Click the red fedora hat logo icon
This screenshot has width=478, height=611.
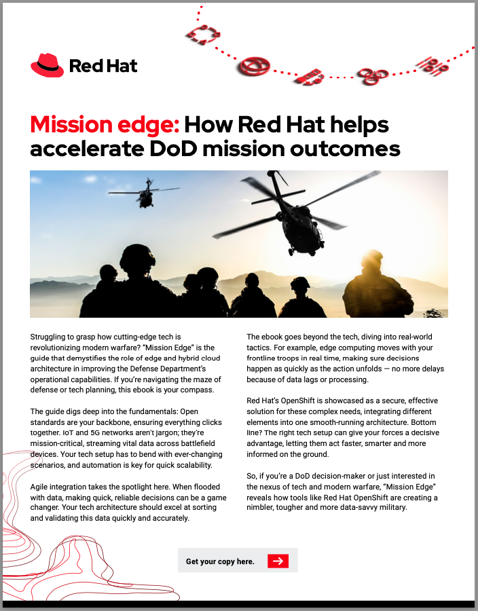pos(47,64)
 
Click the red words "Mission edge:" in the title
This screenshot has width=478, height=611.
pos(105,124)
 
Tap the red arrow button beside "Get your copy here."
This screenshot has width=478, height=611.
pos(278,561)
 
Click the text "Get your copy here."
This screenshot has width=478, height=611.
pos(220,561)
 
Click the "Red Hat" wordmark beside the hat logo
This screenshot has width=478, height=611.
pos(103,66)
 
